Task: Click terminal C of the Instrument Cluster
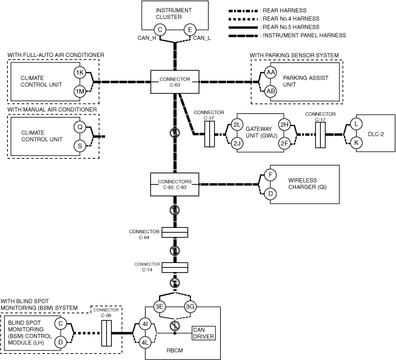159,29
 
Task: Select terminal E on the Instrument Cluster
189,29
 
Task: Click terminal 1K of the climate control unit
79,72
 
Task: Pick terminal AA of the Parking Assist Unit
270,72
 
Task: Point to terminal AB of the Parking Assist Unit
270,91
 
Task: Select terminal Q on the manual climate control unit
79,127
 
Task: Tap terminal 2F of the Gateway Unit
283,143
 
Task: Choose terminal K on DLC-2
357,142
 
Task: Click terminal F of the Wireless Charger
270,175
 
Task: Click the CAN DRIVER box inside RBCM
203,333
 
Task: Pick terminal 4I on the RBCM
145,324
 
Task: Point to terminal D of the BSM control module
61,342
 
